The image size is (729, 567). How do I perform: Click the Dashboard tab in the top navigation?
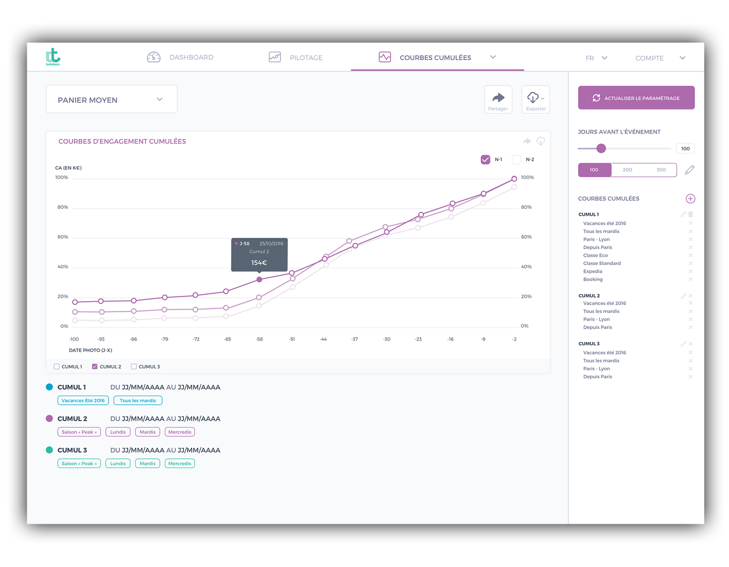[180, 57]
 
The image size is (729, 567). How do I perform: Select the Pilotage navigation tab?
[295, 57]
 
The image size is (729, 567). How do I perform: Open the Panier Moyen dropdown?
[111, 100]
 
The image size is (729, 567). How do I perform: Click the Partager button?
[498, 100]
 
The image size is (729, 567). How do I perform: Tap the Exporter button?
[535, 100]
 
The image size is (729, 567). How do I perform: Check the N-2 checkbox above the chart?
[516, 159]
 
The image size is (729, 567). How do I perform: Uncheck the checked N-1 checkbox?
[485, 159]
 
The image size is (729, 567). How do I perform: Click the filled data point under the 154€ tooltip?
[259, 280]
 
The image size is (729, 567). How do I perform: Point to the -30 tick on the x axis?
[387, 339]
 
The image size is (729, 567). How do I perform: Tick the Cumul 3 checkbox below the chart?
[134, 367]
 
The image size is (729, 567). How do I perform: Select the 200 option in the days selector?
[627, 170]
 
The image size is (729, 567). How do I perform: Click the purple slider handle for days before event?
[601, 148]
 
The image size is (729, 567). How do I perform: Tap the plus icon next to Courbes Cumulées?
[690, 199]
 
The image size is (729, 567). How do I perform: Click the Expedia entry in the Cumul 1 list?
[593, 271]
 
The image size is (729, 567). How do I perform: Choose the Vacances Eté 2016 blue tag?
[83, 400]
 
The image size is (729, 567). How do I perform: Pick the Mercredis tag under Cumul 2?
[180, 432]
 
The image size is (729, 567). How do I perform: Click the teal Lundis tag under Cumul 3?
[118, 463]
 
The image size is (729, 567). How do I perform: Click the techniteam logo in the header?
[53, 57]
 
